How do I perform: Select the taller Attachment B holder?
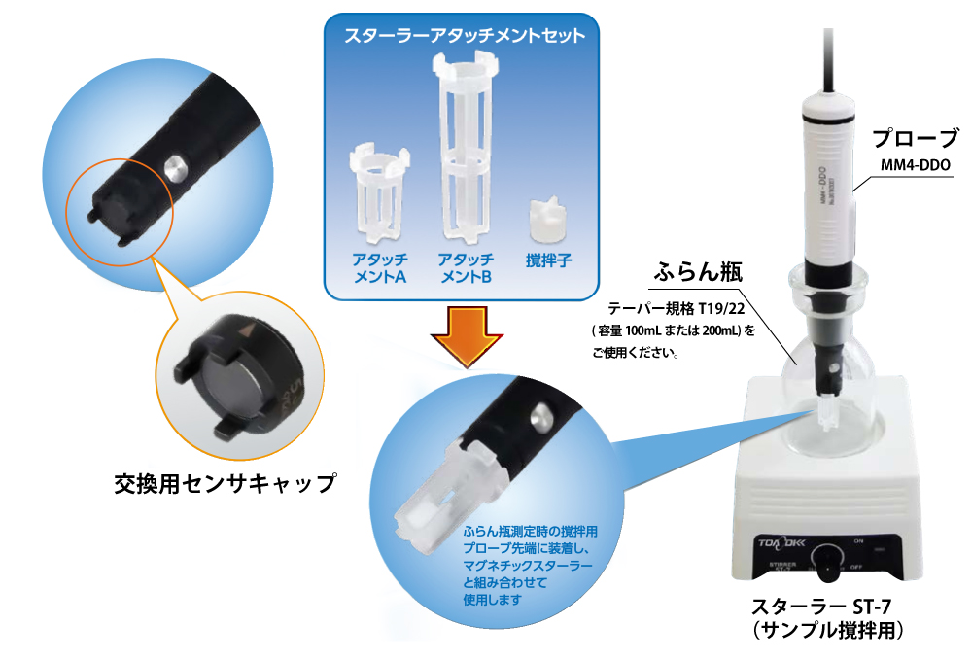tap(466, 146)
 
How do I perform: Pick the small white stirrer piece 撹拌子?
tap(548, 223)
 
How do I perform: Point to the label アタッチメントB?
tap(466, 268)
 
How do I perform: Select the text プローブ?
tap(914, 137)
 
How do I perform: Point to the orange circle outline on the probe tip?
tap(119, 206)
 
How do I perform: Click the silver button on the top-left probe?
tap(174, 166)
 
